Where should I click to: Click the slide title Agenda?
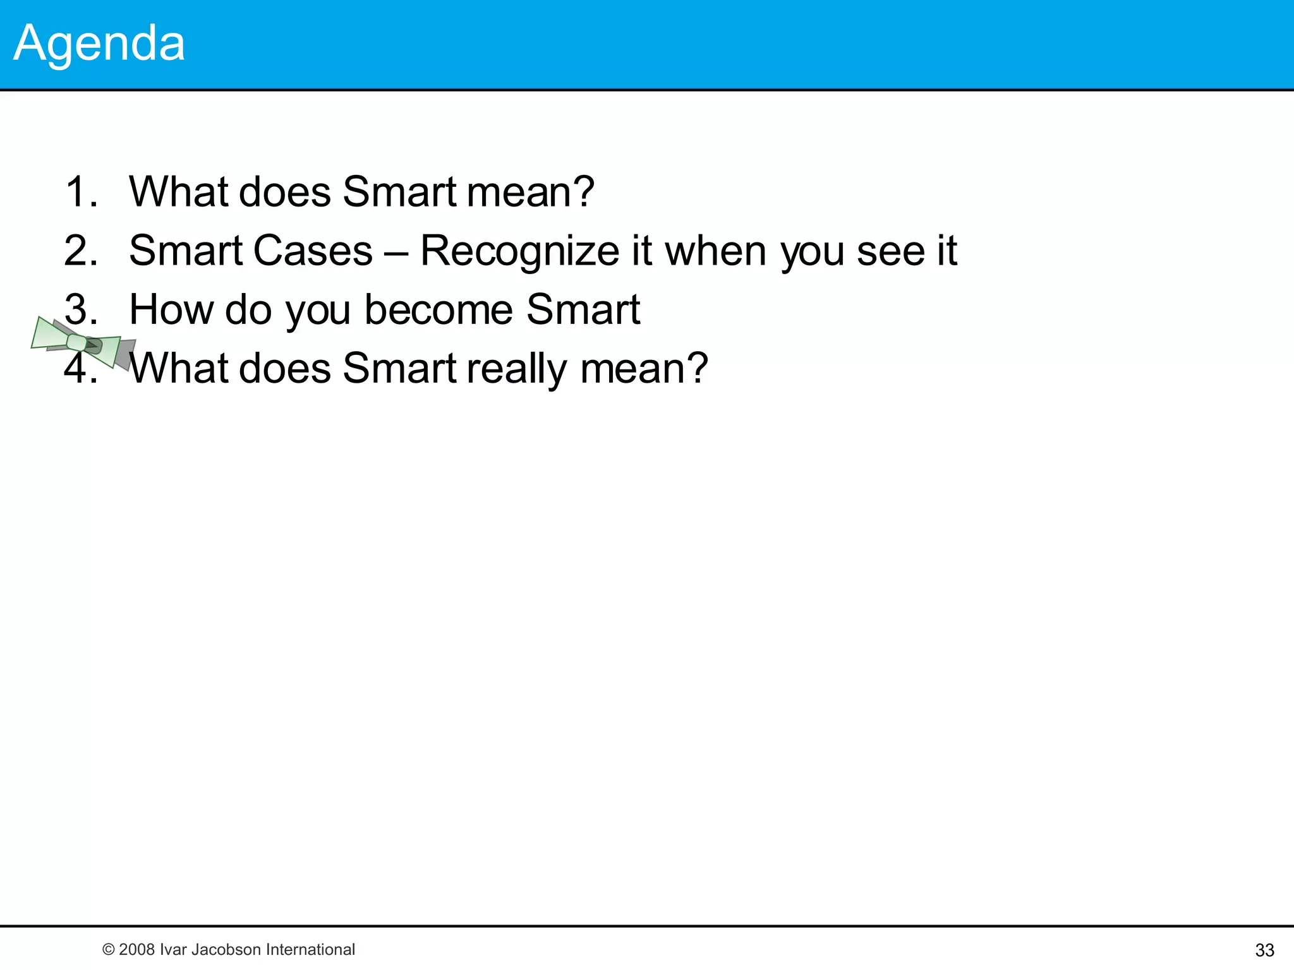[99, 43]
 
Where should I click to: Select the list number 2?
[81, 251]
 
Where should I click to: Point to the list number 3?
[81, 309]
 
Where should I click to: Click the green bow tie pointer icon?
[76, 342]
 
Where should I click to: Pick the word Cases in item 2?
[314, 251]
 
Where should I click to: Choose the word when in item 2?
[716, 251]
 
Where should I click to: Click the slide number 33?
[1264, 950]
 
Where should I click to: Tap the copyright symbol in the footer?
[109, 950]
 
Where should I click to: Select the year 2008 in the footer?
[136, 950]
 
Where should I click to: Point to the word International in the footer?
[310, 950]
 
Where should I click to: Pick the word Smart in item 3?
[583, 309]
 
